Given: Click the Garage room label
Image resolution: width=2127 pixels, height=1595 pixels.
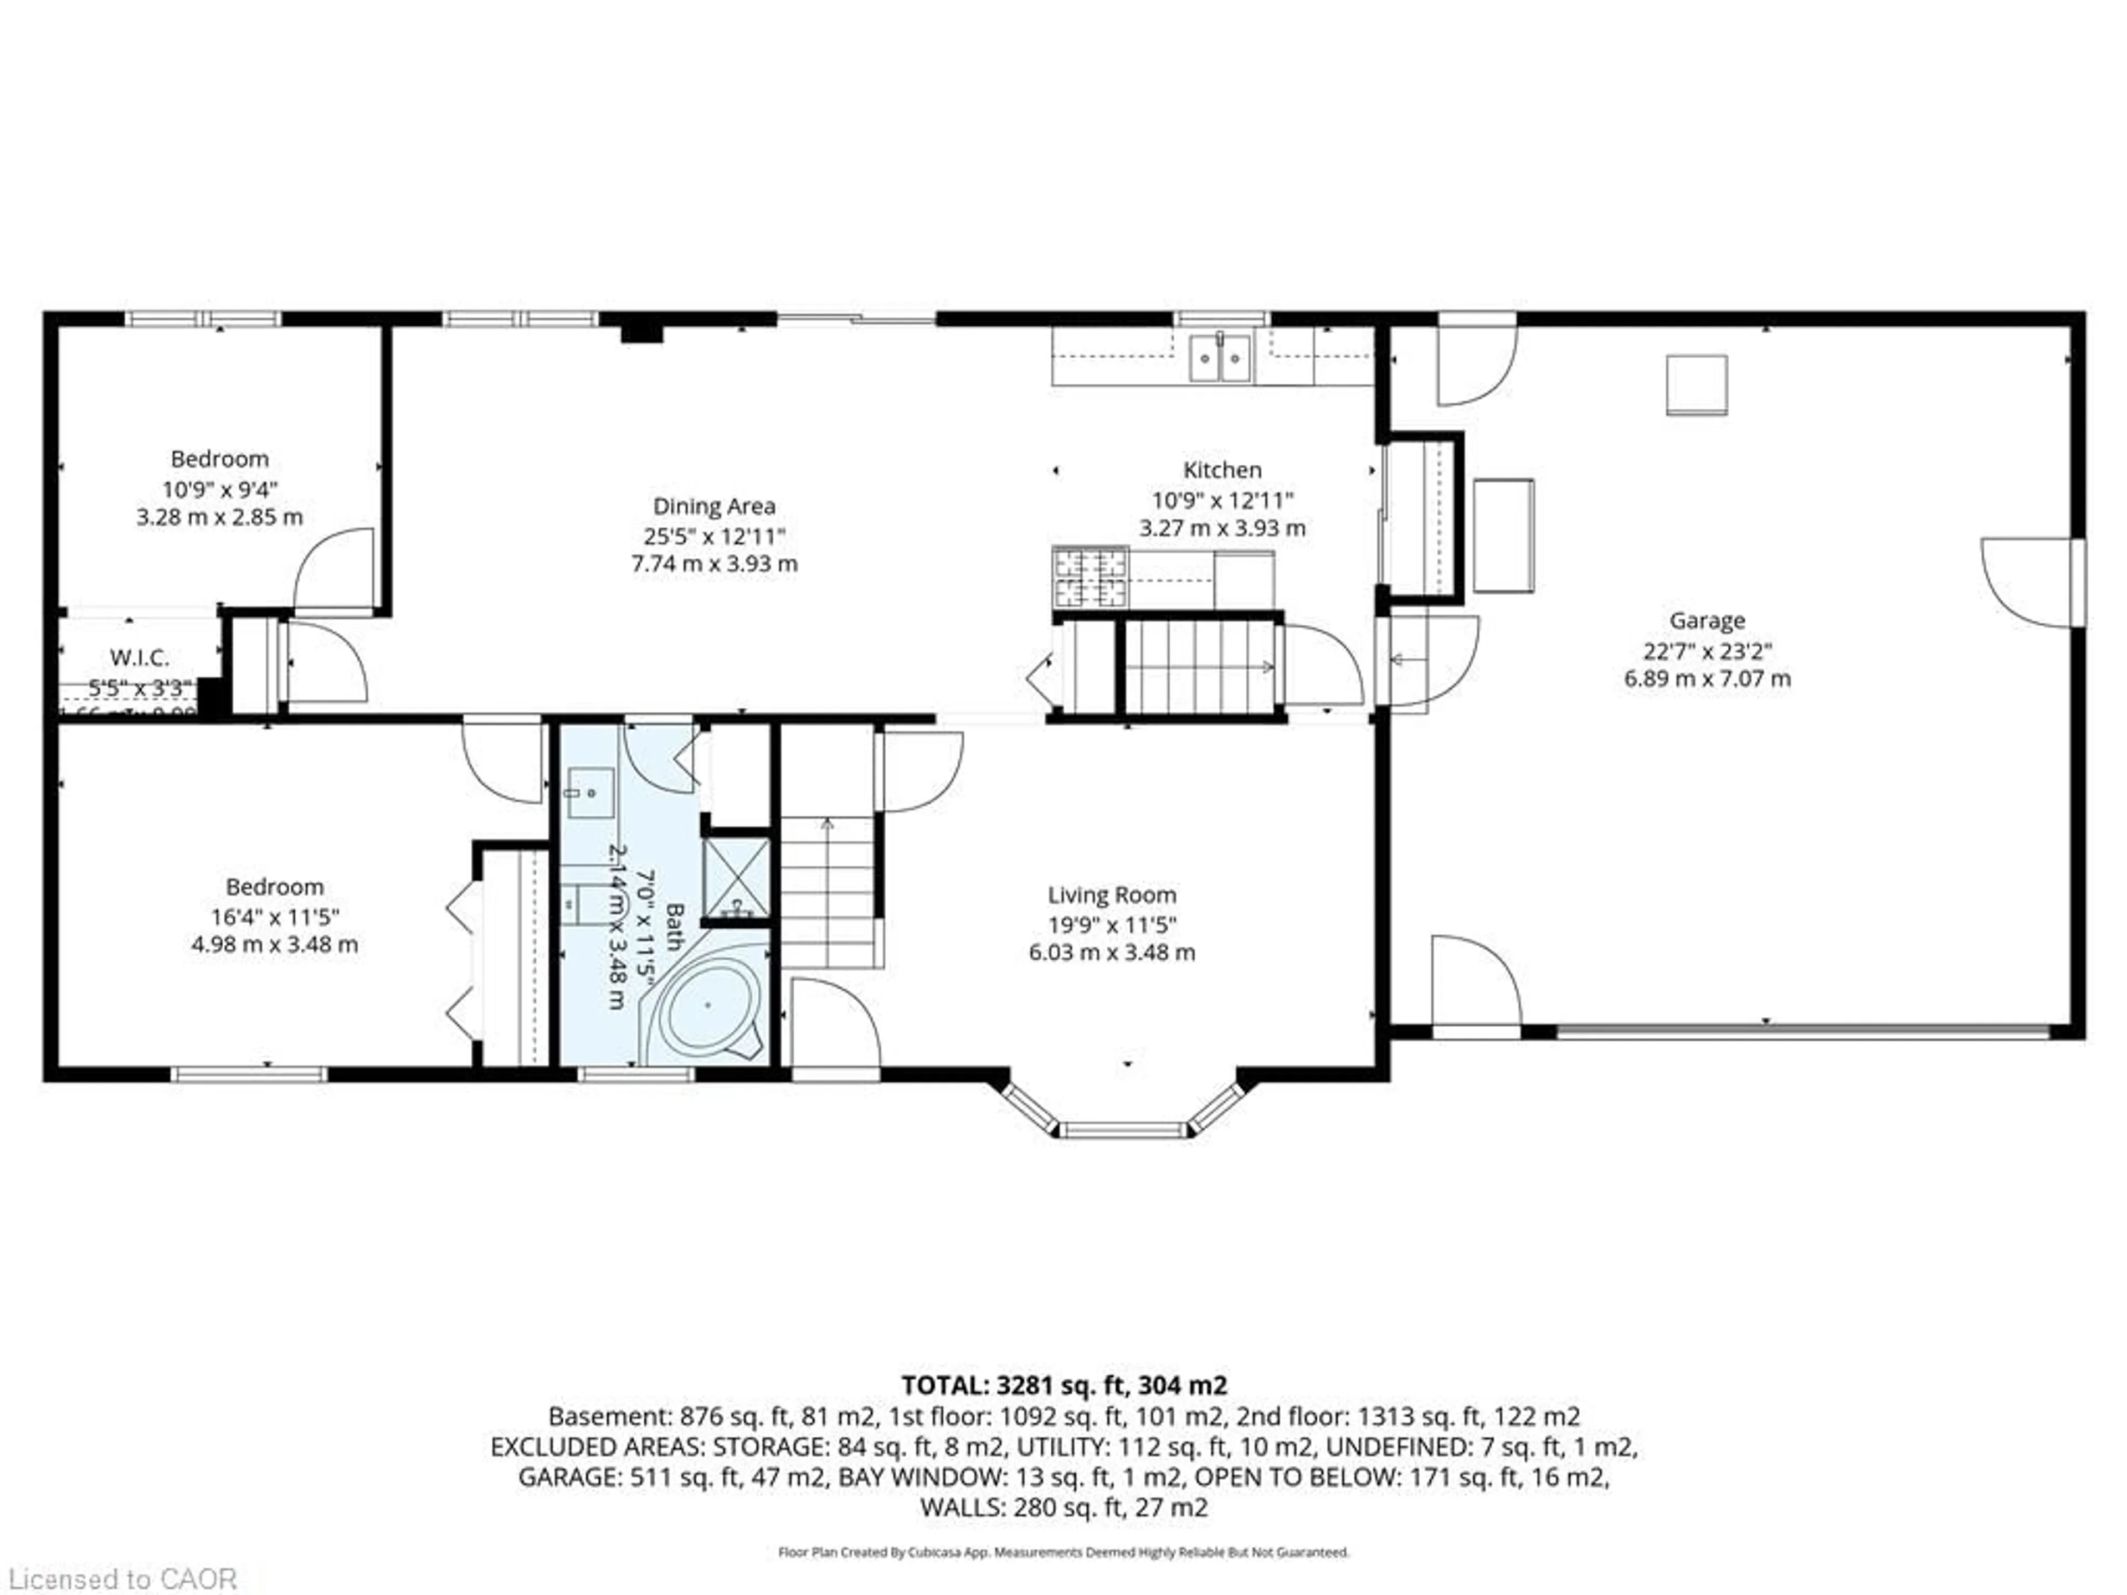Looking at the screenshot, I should (x=1707, y=620).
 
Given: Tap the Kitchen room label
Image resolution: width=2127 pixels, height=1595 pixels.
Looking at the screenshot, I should (x=1221, y=470).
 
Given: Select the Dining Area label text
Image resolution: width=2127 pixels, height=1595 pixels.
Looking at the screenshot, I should (x=713, y=506).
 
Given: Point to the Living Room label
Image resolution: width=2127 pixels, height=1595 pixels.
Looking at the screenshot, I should (x=1112, y=895).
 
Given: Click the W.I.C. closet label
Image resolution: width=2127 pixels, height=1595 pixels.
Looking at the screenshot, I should (x=140, y=657).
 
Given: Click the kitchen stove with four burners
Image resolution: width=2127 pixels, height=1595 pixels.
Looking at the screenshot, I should (x=1091, y=577).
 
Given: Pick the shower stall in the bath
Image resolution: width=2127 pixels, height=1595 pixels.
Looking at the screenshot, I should (x=737, y=879).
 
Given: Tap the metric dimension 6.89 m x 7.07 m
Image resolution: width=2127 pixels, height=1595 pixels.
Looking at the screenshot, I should (x=1707, y=679).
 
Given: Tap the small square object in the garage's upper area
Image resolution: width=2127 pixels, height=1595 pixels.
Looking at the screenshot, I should (x=1696, y=384).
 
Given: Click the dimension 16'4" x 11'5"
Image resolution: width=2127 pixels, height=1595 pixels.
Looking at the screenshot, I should (x=274, y=916).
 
